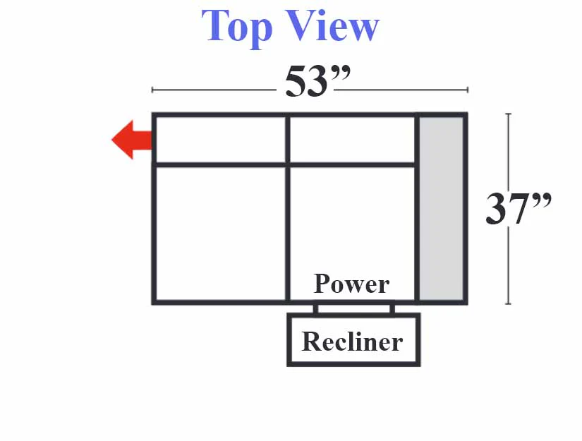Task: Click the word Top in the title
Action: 236,28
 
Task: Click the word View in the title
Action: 332,25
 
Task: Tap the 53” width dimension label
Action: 317,81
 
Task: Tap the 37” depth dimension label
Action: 519,208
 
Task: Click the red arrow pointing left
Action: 132,140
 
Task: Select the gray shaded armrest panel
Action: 442,209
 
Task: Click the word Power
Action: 351,284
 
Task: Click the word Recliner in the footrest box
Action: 352,341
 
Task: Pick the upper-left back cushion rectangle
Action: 221,139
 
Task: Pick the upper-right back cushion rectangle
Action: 352,139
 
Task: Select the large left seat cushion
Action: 221,234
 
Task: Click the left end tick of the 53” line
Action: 152,90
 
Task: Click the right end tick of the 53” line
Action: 468,90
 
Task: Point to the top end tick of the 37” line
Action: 509,114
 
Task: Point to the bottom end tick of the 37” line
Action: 509,303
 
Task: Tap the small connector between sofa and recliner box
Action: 353,309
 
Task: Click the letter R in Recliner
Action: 311,341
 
